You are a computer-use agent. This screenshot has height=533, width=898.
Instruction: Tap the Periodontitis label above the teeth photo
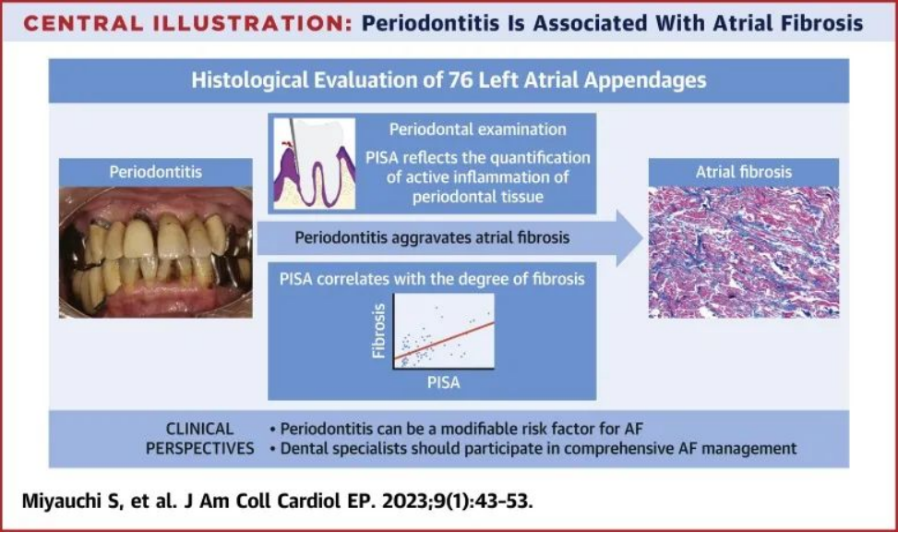(x=156, y=172)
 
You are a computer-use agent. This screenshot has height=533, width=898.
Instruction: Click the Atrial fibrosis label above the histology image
(x=743, y=172)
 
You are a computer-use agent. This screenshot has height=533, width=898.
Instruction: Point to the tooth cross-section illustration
(x=315, y=164)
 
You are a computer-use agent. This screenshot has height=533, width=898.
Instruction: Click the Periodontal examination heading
(x=478, y=129)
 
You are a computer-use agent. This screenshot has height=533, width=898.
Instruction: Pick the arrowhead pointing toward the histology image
(x=630, y=237)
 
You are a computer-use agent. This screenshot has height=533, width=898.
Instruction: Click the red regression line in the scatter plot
(x=445, y=341)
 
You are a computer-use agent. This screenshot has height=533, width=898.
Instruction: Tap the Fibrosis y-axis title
(x=378, y=332)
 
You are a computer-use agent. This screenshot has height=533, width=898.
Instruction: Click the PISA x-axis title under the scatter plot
(x=443, y=382)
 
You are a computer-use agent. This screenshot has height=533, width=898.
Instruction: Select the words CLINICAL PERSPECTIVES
(x=200, y=439)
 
